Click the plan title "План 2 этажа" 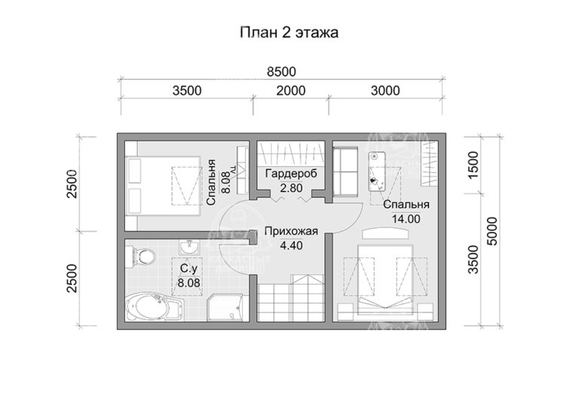point(289,32)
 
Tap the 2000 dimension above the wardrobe point(290,91)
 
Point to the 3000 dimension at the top point(384,91)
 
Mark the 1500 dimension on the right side point(473,163)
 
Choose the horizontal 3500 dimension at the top point(186,91)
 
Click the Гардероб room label point(290,175)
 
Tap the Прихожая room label point(289,231)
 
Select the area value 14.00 point(406,218)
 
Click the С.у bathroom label point(187,269)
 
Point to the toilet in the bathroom point(141,257)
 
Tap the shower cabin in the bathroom point(225,305)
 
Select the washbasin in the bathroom point(188,248)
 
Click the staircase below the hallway point(290,298)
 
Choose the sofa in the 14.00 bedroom point(347,171)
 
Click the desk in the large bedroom point(377,172)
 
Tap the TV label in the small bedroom point(233,172)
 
